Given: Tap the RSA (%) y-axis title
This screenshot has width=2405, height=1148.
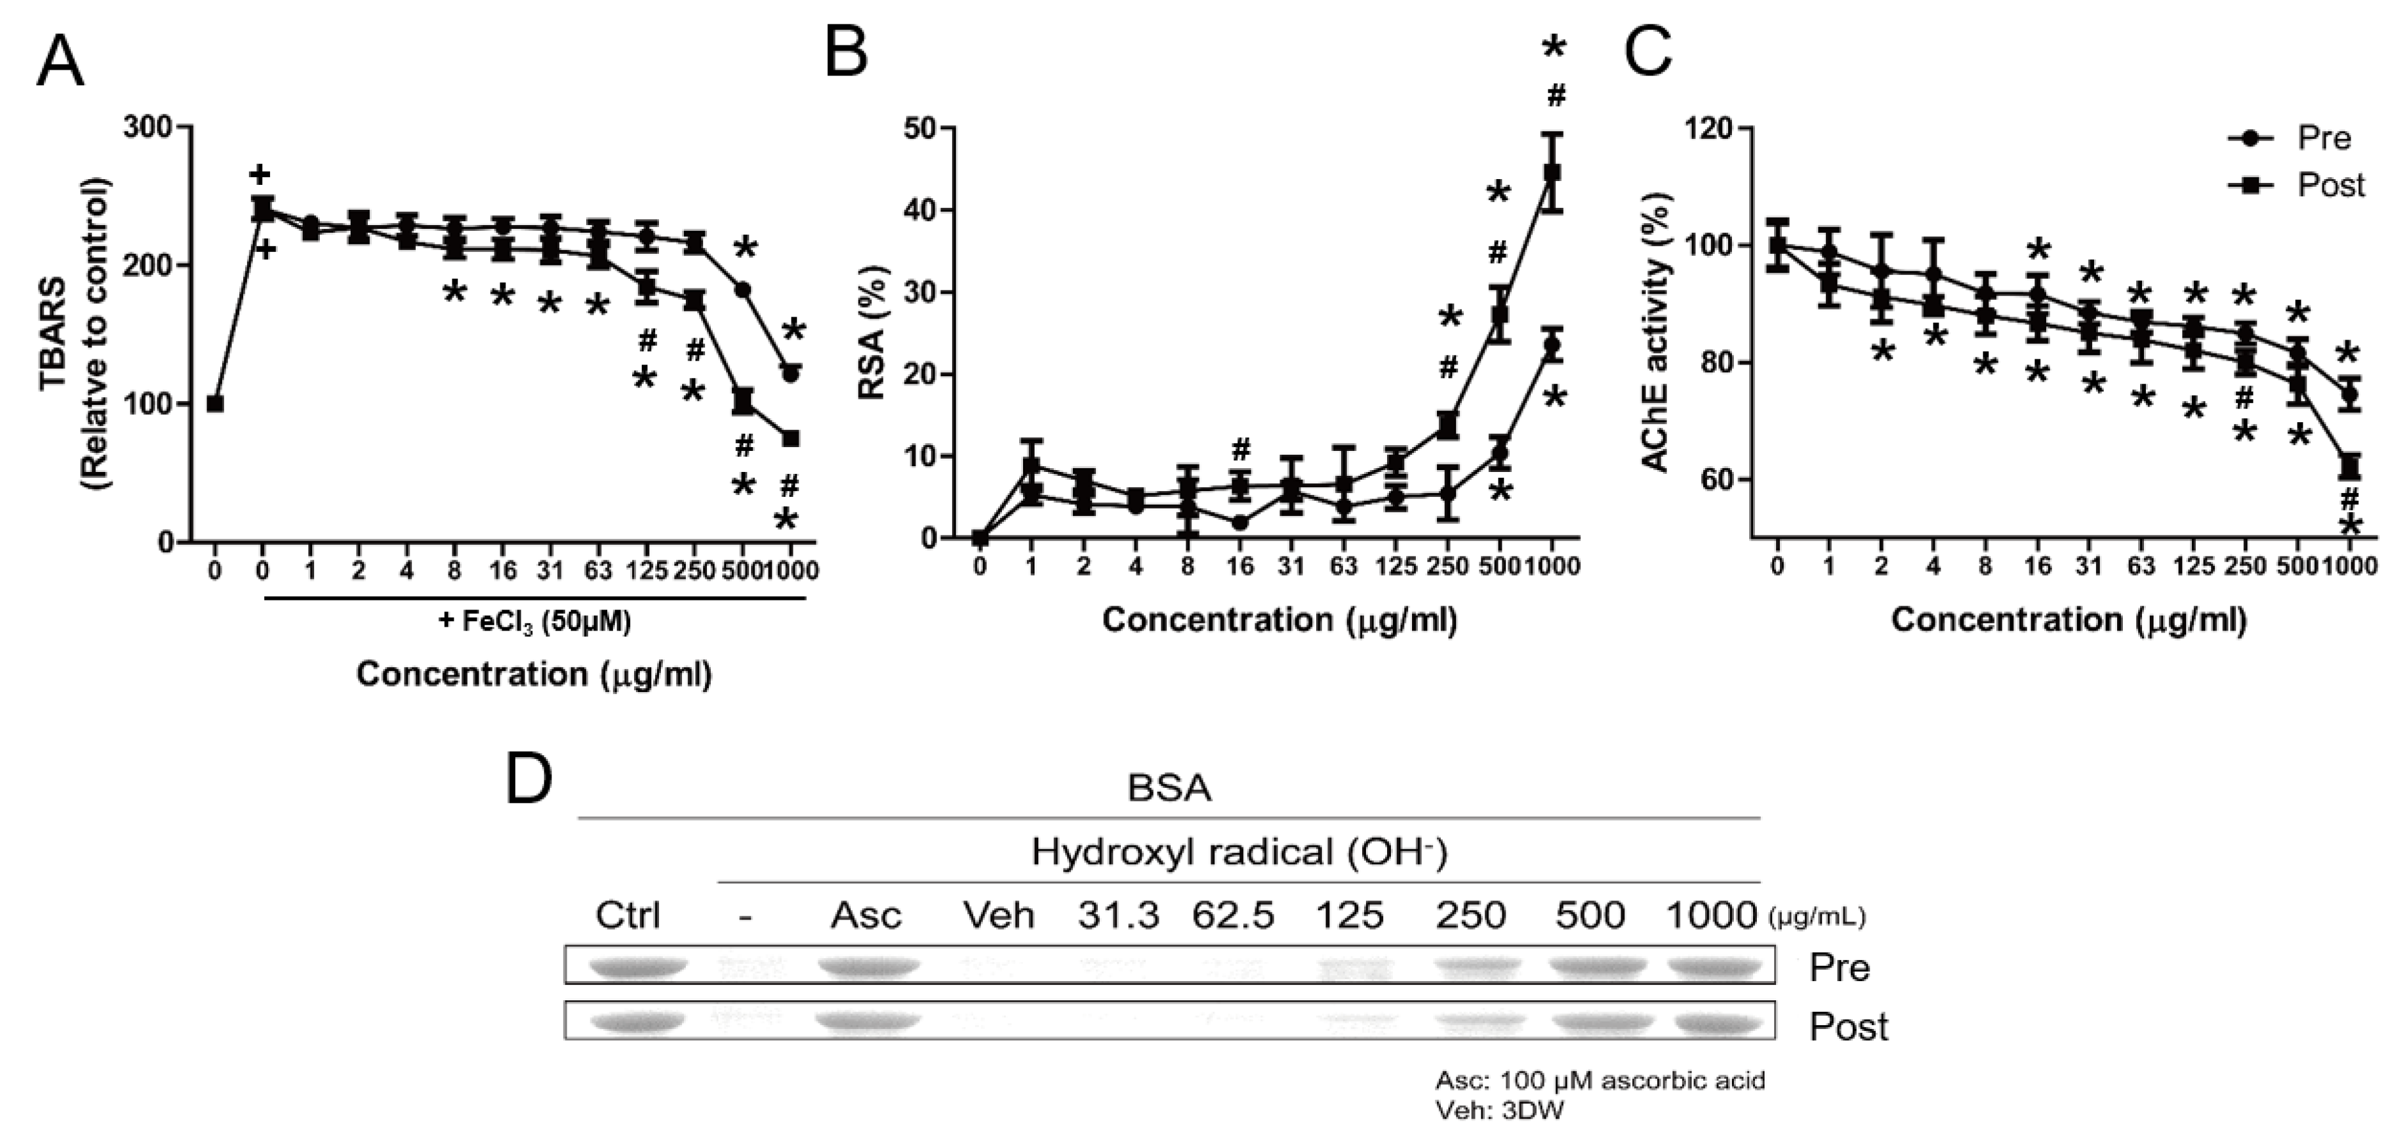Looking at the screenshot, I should tap(871, 333).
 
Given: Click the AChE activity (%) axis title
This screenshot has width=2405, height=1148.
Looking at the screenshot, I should tap(1655, 333).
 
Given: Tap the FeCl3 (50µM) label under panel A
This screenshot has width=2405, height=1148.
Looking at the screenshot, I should tap(535, 622).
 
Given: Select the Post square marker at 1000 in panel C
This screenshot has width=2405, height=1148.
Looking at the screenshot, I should tap(2349, 466).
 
